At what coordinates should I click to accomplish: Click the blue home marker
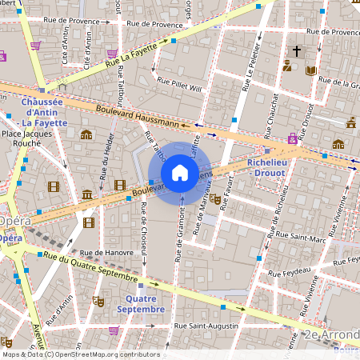(180, 173)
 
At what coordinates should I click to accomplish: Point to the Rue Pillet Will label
(181, 85)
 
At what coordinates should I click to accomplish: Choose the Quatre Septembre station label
(141, 303)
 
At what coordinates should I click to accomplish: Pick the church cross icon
(297, 50)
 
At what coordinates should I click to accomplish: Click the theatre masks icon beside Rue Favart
(215, 199)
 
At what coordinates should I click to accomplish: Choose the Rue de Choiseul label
(144, 229)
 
